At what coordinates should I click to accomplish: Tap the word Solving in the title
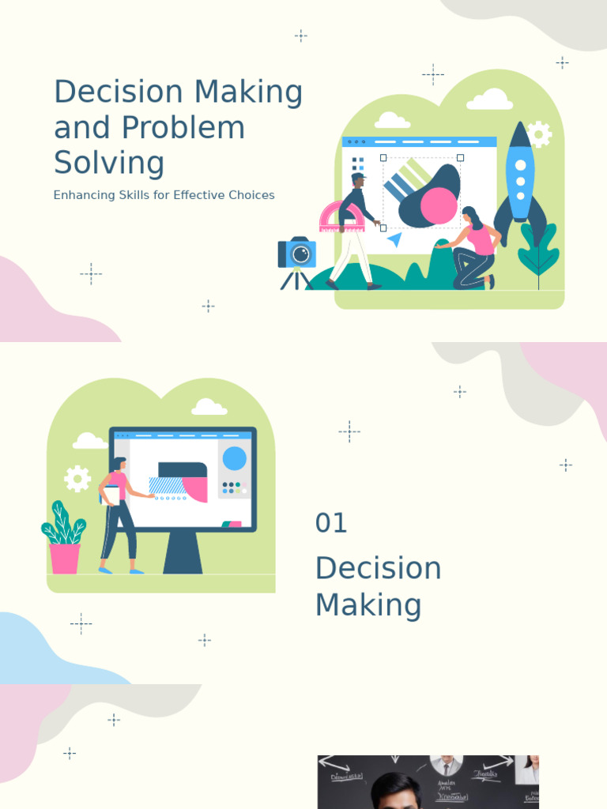(109, 164)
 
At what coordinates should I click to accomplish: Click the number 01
(331, 523)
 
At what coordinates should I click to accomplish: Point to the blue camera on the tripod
(297, 254)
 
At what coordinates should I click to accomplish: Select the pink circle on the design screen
(439, 206)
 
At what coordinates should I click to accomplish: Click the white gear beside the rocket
(539, 134)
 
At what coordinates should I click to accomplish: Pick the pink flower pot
(65, 558)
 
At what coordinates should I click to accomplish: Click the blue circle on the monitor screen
(234, 459)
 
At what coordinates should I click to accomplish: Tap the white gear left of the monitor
(77, 479)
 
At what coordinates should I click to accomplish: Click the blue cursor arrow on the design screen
(394, 239)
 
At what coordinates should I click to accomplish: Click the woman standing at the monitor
(118, 514)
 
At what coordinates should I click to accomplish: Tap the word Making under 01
(368, 606)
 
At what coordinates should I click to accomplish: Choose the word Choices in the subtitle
(251, 195)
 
